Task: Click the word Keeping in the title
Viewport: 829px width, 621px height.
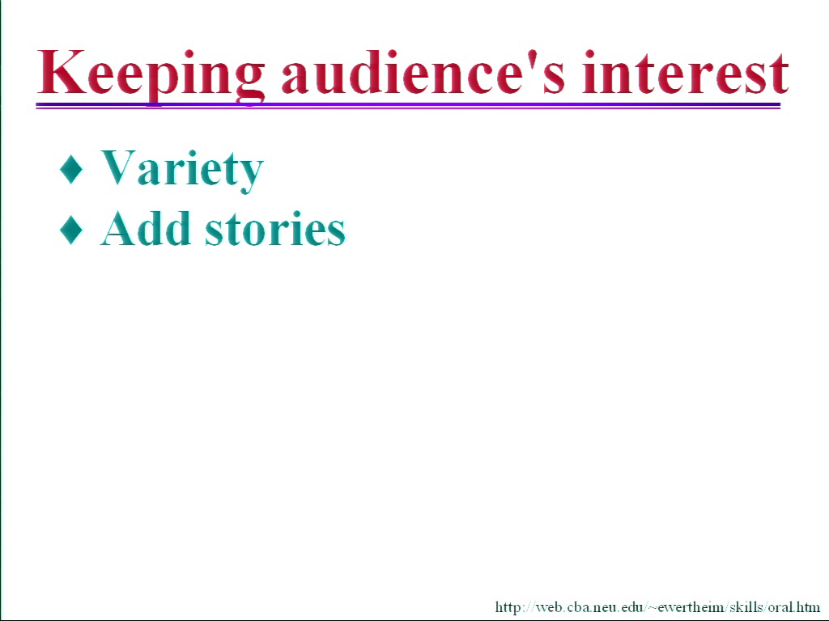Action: (x=151, y=74)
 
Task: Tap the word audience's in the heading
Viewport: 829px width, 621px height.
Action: (x=423, y=72)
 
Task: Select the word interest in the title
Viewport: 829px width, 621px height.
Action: (x=686, y=72)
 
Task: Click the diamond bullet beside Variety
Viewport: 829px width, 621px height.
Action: (x=71, y=169)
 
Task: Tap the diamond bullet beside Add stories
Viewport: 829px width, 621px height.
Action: (x=71, y=230)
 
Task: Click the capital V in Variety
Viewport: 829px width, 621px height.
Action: (x=120, y=167)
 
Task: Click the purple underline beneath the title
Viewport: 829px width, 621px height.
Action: (x=408, y=106)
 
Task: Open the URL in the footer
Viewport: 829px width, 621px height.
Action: (x=657, y=607)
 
